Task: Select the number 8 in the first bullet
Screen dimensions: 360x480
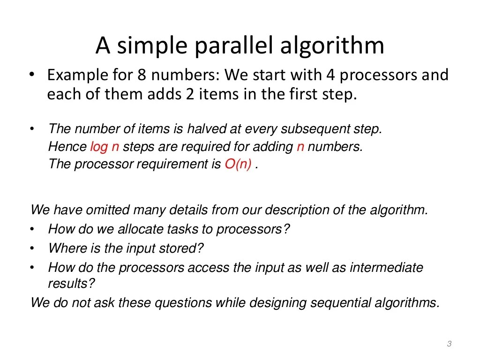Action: [142, 75]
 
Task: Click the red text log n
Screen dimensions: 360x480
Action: [105, 147]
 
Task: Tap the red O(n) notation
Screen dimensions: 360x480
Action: [238, 165]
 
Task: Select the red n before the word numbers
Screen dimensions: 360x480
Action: [300, 147]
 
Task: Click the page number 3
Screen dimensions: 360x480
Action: [449, 344]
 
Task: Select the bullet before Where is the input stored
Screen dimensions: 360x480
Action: [32, 248]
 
